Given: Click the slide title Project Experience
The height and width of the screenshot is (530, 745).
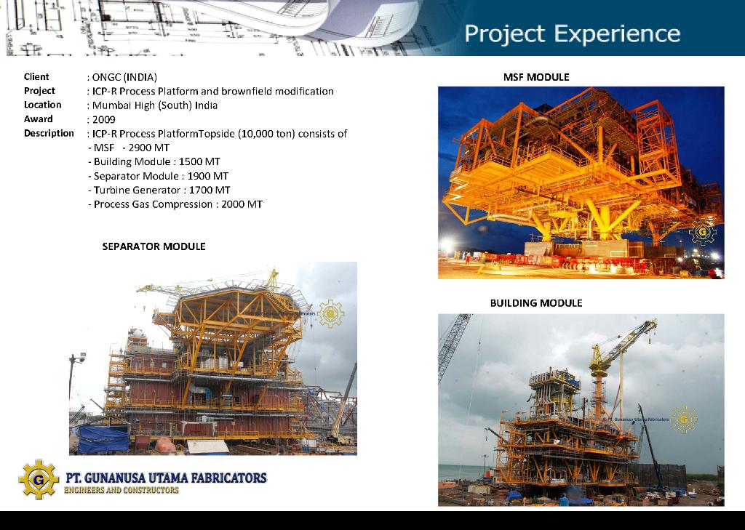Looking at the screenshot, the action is [x=572, y=34].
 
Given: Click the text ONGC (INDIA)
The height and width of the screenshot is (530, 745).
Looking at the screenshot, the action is [x=124, y=77].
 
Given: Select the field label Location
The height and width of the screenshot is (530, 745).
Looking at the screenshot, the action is [x=43, y=105].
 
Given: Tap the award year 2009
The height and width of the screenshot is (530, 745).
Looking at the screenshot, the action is [x=103, y=119].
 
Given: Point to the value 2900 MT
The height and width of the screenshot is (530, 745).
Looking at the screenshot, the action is [x=148, y=148].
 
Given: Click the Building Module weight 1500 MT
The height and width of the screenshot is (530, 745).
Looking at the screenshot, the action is [x=199, y=161].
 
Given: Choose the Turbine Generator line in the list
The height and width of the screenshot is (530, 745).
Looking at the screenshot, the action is [x=159, y=190].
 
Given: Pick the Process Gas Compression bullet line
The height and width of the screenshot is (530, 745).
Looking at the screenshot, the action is [x=175, y=204].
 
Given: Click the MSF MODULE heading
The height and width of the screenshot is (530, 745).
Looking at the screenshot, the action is [x=536, y=77].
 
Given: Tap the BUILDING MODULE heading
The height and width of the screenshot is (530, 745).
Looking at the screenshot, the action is [x=536, y=303].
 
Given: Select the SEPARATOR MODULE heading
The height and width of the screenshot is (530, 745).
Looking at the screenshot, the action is [x=154, y=246].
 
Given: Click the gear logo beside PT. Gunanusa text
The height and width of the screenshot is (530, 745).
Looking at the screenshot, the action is [x=39, y=479].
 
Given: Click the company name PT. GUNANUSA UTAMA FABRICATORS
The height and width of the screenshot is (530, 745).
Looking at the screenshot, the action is [x=167, y=477].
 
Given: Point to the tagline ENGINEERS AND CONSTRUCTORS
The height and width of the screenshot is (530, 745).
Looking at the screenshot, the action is [x=121, y=490].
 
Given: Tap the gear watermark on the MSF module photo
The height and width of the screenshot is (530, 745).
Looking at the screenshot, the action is [x=703, y=232].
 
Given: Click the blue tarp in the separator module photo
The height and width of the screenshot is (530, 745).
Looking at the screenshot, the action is [x=103, y=439].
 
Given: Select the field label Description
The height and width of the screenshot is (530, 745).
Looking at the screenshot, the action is [x=49, y=133].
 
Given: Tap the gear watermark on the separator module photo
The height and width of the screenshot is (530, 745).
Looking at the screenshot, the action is [x=331, y=314].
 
